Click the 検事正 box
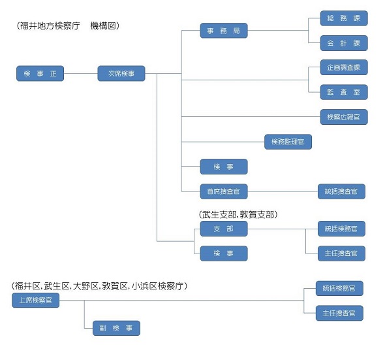click(40, 74)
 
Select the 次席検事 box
click(121, 74)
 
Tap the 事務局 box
click(224, 31)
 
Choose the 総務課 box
click(343, 18)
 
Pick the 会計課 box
click(343, 43)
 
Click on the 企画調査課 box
click(343, 67)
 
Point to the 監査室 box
click(343, 92)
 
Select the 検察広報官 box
click(343, 117)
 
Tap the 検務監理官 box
click(288, 141)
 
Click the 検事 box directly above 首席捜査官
click(224, 167)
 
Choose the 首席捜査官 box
click(224, 191)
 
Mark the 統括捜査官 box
click(341, 191)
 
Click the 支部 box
click(224, 229)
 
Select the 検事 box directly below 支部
click(224, 254)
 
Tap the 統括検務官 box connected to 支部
click(341, 229)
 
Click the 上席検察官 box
click(36, 300)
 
